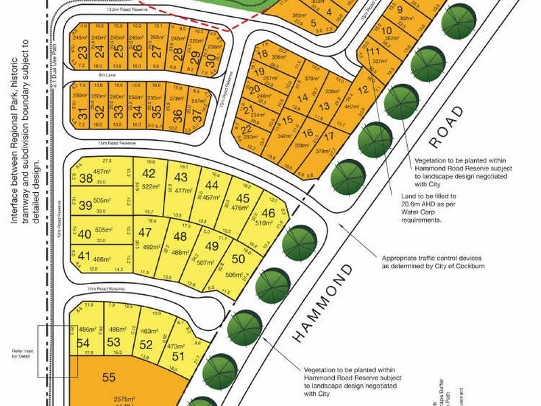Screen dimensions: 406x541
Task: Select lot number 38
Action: click(86, 179)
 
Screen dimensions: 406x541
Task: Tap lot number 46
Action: click(268, 212)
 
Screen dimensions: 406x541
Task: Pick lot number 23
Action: click(82, 52)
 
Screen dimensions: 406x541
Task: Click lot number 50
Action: click(238, 258)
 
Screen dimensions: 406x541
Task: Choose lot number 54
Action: click(84, 343)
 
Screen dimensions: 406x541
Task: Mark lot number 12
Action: click(363, 90)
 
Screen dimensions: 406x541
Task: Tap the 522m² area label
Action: click(149, 187)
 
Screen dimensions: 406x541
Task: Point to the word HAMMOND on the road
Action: click(323, 302)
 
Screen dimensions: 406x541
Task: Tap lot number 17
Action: click(329, 135)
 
